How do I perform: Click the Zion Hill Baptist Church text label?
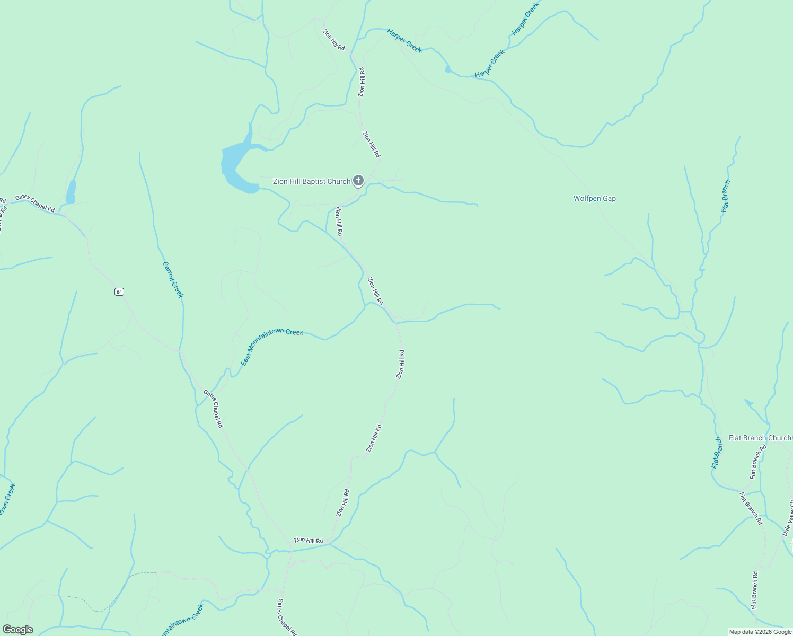tap(311, 181)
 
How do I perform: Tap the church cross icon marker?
tap(358, 181)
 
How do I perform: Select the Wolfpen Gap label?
tap(594, 198)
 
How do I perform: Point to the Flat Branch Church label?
tap(759, 438)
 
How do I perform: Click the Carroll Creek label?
tap(173, 280)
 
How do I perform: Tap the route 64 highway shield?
tap(119, 292)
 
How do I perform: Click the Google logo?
tap(17, 630)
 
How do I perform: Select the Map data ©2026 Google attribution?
tap(760, 632)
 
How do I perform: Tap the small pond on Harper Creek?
tap(448, 69)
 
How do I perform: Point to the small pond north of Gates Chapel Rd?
tap(71, 192)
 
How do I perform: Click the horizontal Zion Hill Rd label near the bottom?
tap(309, 541)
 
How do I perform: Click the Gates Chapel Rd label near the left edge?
tap(35, 204)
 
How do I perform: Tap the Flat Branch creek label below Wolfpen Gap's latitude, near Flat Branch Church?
tap(716, 453)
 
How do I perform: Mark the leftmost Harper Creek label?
tap(404, 41)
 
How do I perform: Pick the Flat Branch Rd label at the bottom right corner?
tap(754, 589)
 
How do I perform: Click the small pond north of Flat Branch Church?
tap(748, 403)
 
